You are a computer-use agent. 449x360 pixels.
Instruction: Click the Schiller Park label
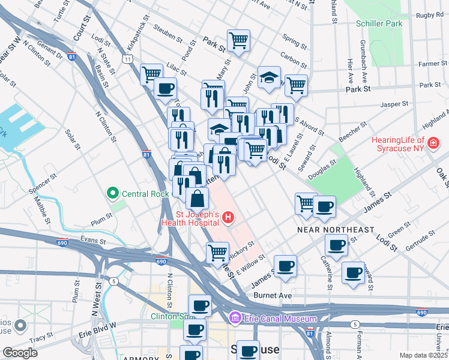tap(379, 24)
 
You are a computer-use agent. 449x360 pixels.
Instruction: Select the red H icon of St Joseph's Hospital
tap(228, 217)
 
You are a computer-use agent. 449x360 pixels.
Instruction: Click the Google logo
tap(20, 353)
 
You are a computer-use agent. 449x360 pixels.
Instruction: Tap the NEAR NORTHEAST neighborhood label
tap(336, 230)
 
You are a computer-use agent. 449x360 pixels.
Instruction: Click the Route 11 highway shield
tap(128, 59)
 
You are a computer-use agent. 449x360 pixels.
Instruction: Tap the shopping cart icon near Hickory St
tap(217, 252)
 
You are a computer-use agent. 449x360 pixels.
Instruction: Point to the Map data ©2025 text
tap(423, 355)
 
